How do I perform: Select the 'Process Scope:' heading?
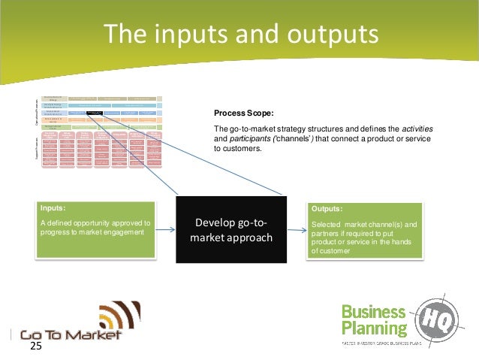click(241, 113)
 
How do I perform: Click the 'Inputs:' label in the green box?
click(55, 208)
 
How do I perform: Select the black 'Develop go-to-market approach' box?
click(230, 230)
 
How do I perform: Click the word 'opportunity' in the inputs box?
click(96, 223)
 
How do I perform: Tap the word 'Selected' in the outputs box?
click(327, 224)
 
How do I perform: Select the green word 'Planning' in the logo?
click(374, 328)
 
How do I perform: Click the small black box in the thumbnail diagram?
click(94, 113)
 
